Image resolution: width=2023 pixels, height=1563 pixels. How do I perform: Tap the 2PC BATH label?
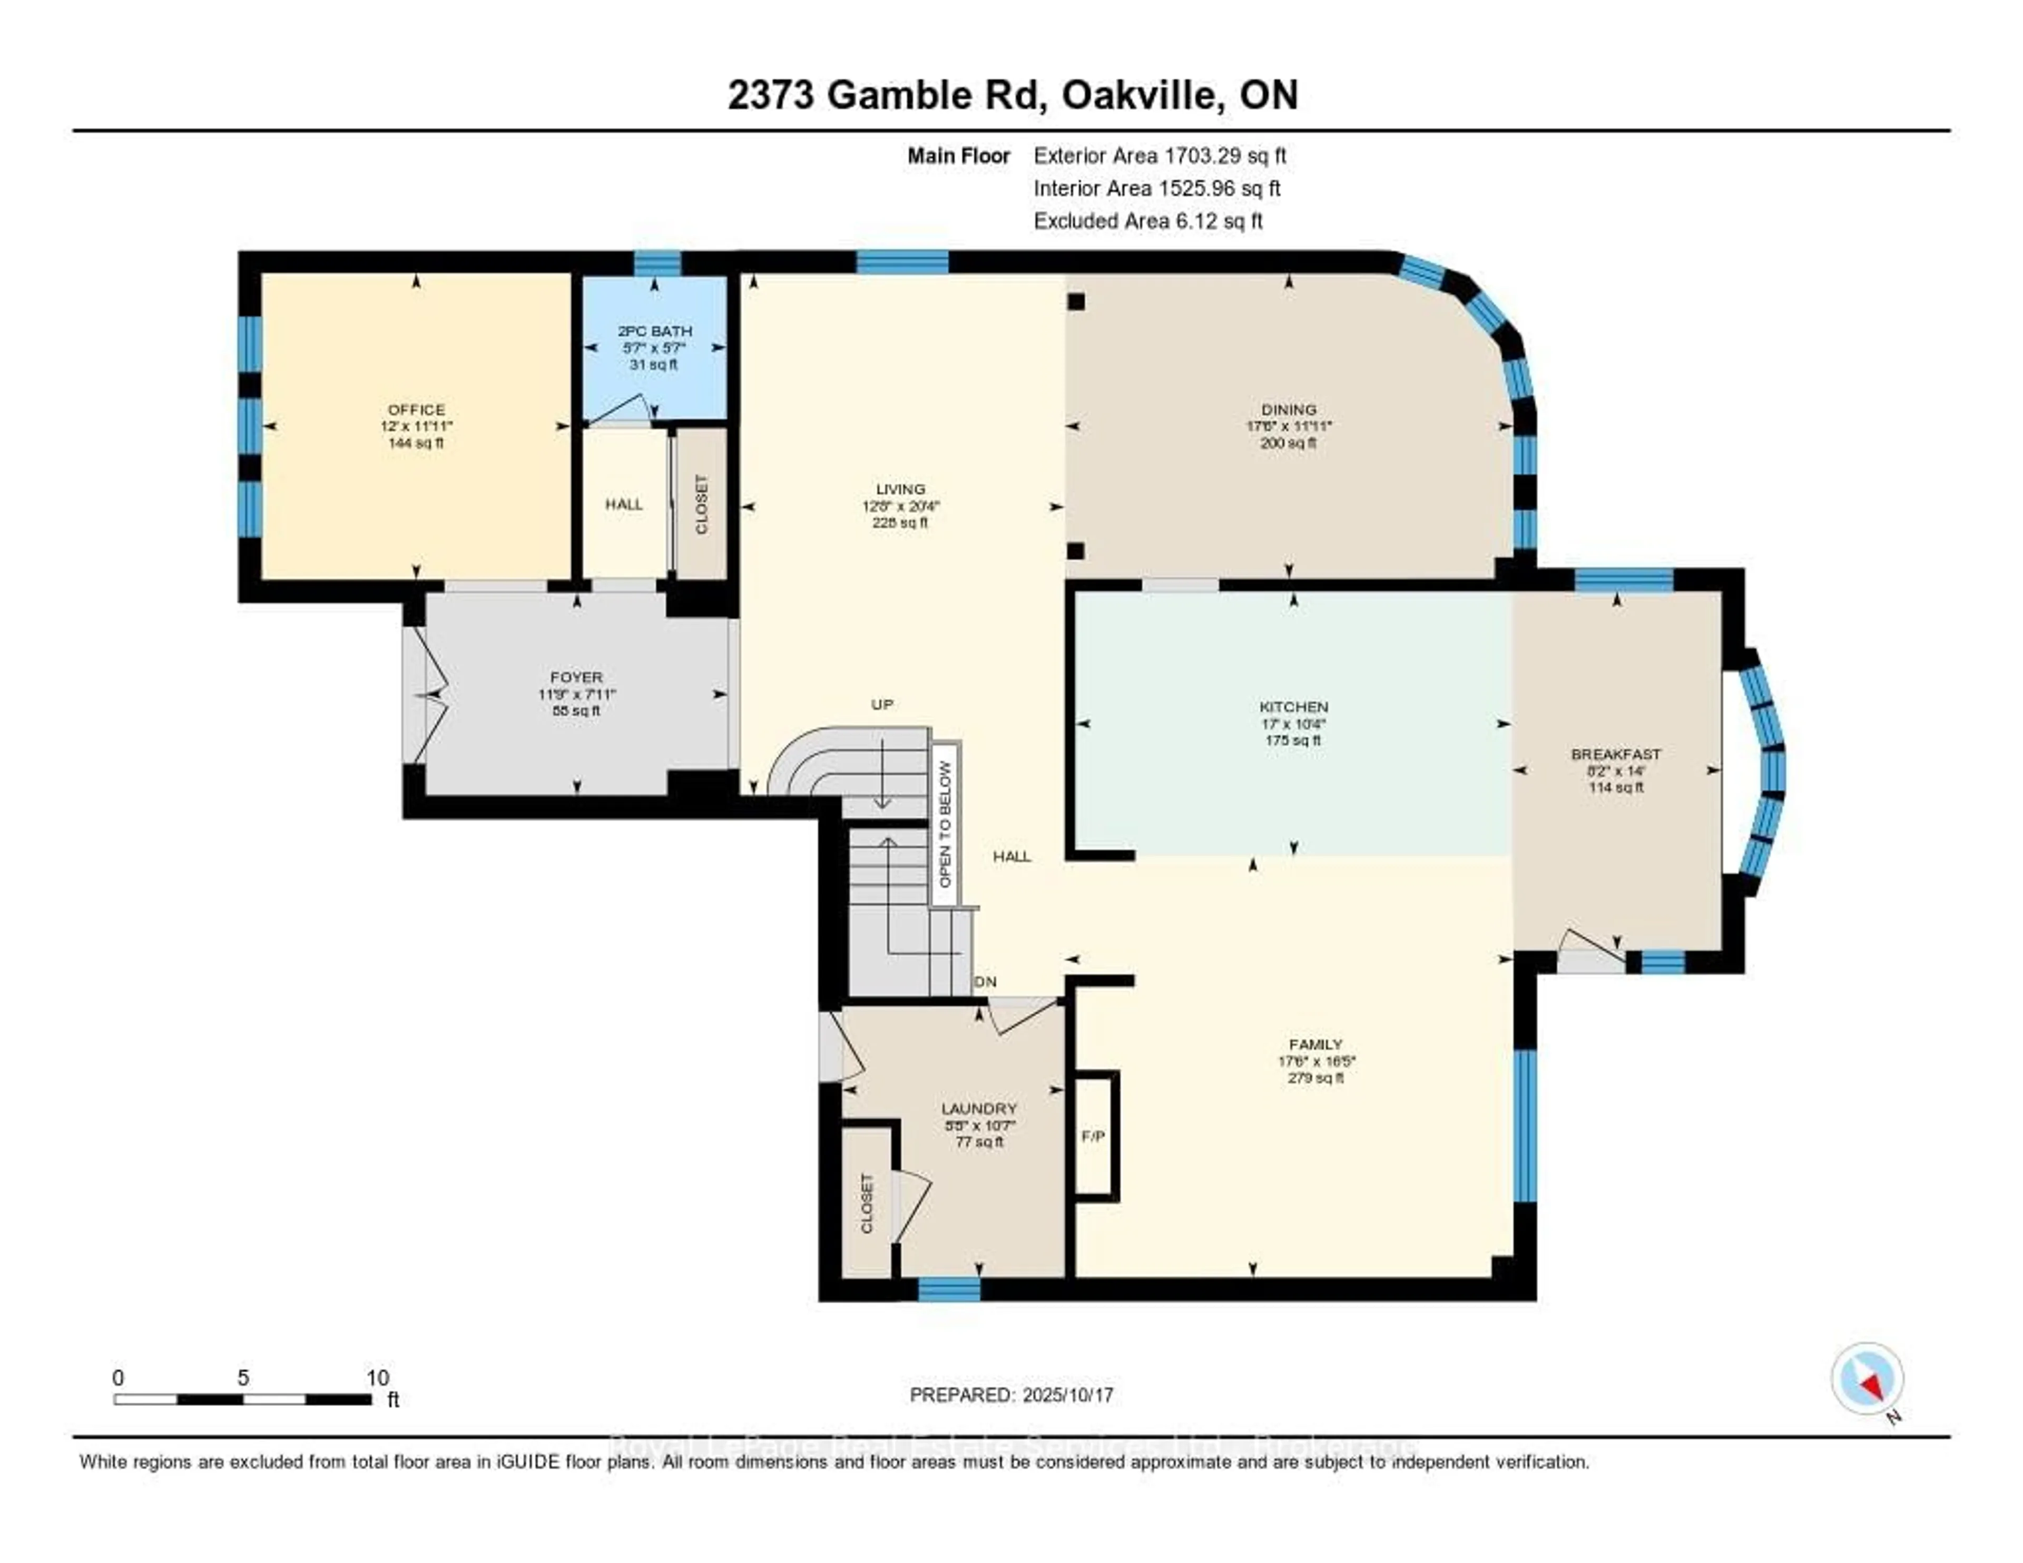pos(655,331)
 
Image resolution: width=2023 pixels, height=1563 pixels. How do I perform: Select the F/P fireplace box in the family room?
pos(1094,1136)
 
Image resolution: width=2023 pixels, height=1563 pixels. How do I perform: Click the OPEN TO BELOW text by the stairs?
pos(945,825)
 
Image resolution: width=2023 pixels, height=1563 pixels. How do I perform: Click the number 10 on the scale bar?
pos(377,1378)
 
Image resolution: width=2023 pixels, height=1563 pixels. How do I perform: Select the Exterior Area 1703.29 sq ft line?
pos(1160,155)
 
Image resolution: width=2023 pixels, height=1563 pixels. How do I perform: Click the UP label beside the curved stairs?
pos(882,704)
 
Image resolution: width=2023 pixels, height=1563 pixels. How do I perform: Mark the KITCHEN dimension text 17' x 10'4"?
pos(1293,724)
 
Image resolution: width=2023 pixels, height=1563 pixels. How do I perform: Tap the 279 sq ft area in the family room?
pos(1315,1078)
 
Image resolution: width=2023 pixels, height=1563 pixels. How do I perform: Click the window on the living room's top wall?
pos(902,262)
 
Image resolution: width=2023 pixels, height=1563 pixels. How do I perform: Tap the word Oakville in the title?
pos(1137,95)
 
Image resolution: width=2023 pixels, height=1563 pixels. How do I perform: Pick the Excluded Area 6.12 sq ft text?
pos(1148,220)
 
